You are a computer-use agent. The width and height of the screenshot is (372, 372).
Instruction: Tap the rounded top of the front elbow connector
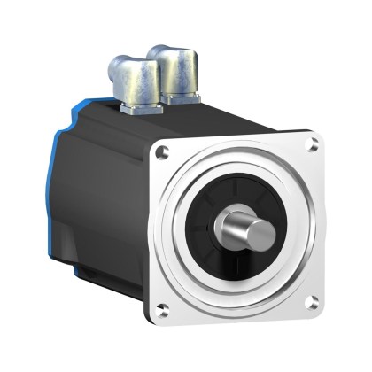(x=173, y=53)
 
